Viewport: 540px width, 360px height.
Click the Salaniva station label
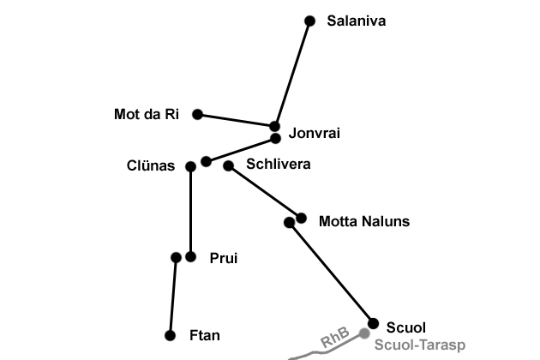[x=356, y=21]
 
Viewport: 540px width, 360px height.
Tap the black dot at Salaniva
[x=309, y=21]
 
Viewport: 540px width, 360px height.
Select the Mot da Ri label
[x=147, y=115]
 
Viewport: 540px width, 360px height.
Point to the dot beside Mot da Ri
[x=197, y=114]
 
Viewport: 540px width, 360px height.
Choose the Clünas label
[x=150, y=166]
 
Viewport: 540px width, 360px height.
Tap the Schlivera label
[x=278, y=164]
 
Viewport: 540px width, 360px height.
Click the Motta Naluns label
[x=363, y=222]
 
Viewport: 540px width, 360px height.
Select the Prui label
[x=223, y=258]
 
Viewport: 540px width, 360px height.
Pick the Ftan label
[x=204, y=336]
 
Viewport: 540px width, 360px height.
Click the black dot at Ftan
[x=171, y=336]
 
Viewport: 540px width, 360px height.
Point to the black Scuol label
[x=405, y=327]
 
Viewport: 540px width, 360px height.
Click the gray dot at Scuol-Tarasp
[x=364, y=333]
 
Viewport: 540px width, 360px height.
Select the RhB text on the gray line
[x=333, y=339]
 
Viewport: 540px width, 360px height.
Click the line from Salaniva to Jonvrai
[x=292, y=73]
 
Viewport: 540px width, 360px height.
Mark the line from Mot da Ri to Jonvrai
[x=236, y=120]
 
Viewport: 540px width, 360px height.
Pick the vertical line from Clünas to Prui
[x=190, y=211]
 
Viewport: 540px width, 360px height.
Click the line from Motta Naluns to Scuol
[x=330, y=272]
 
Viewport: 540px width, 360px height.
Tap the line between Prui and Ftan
[x=173, y=296]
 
